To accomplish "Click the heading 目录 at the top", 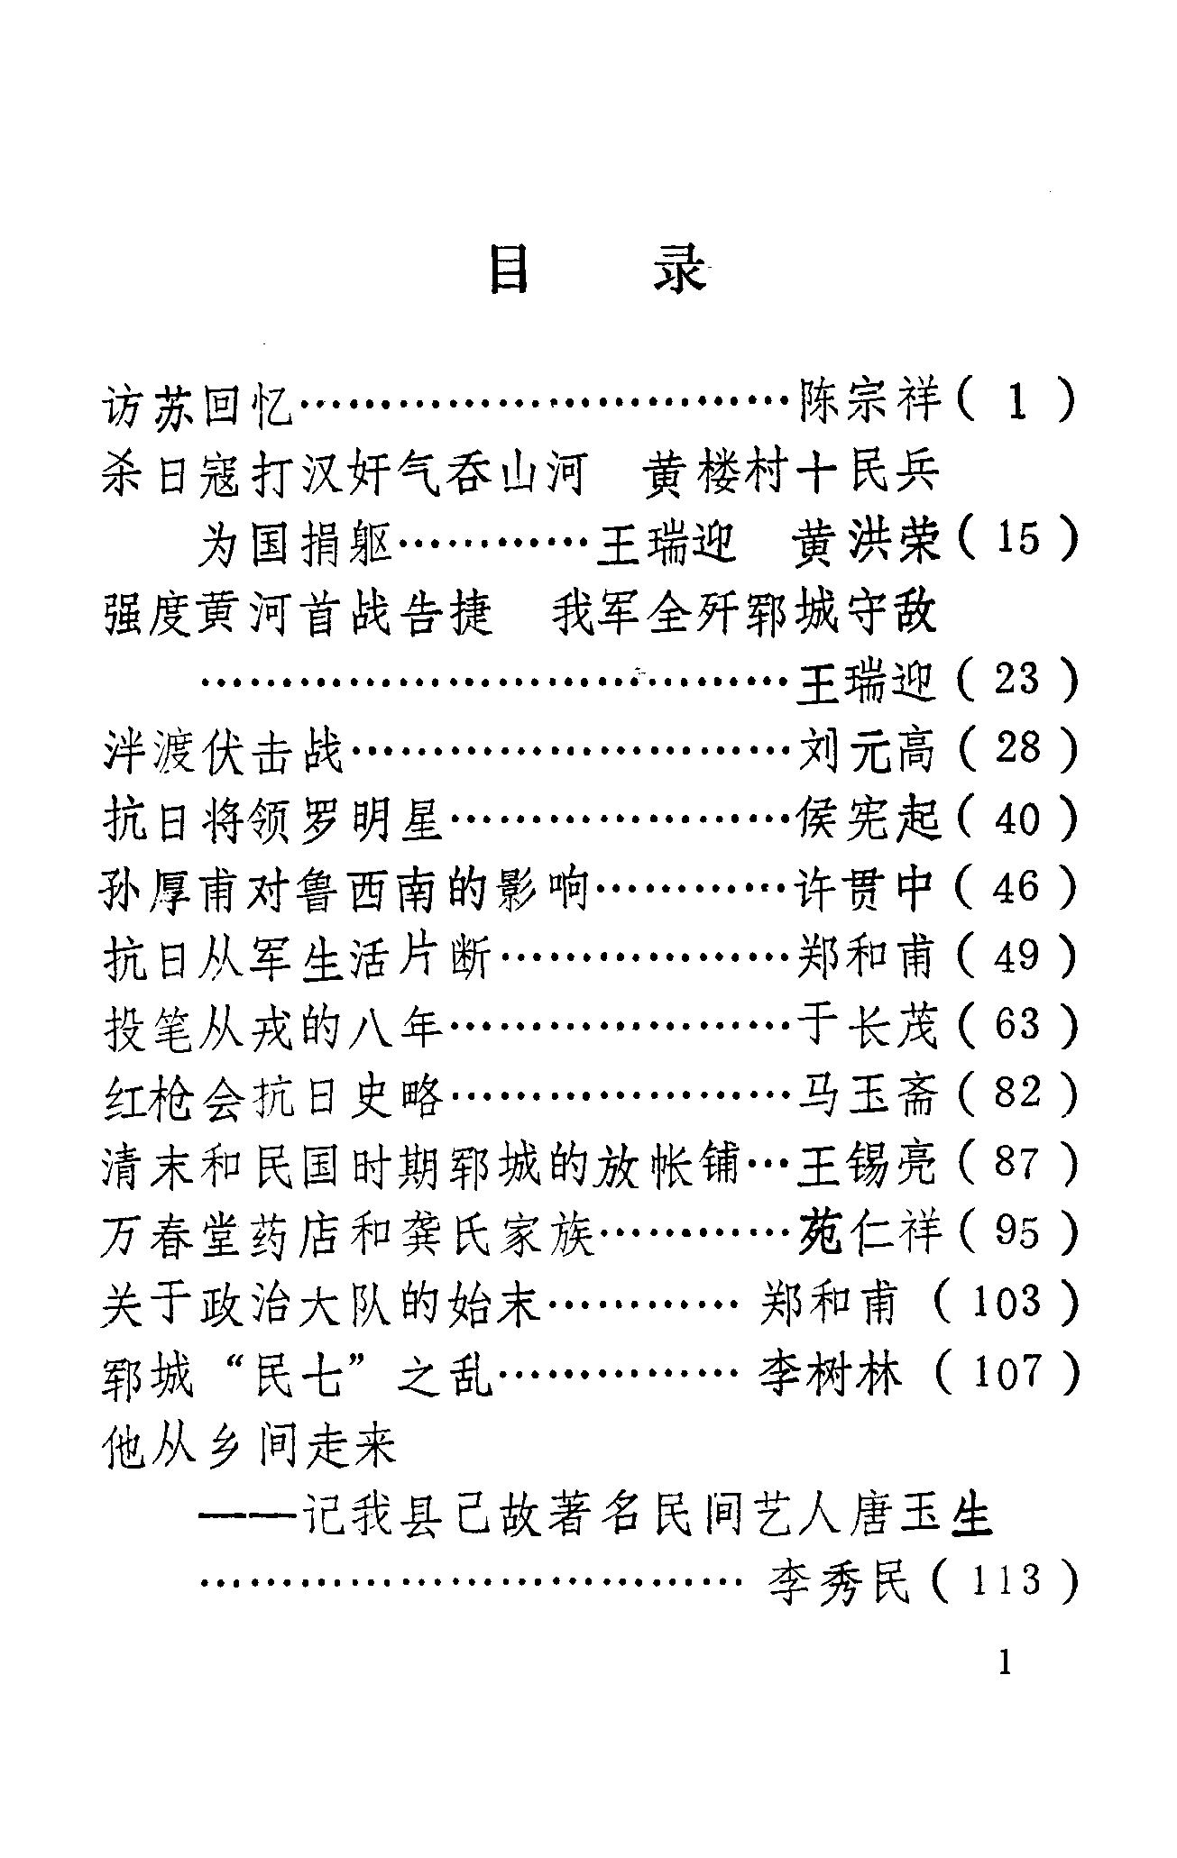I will pyautogui.click(x=596, y=269).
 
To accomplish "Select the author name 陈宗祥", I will pyautogui.click(x=869, y=401).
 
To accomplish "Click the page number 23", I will pyautogui.click(x=1016, y=679).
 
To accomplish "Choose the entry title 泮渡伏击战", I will pyautogui.click(x=223, y=750).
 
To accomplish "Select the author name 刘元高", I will pyautogui.click(x=868, y=749).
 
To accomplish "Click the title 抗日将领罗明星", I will pyautogui.click(x=273, y=819).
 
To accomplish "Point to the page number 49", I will pyautogui.click(x=1016, y=956).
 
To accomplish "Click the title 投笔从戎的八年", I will pyautogui.click(x=273, y=1026).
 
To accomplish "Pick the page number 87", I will pyautogui.click(x=1016, y=1163).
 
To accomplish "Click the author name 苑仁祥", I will pyautogui.click(x=868, y=1232).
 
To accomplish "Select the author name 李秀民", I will pyautogui.click(x=838, y=1581).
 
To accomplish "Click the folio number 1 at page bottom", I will pyautogui.click(x=1006, y=1661).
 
